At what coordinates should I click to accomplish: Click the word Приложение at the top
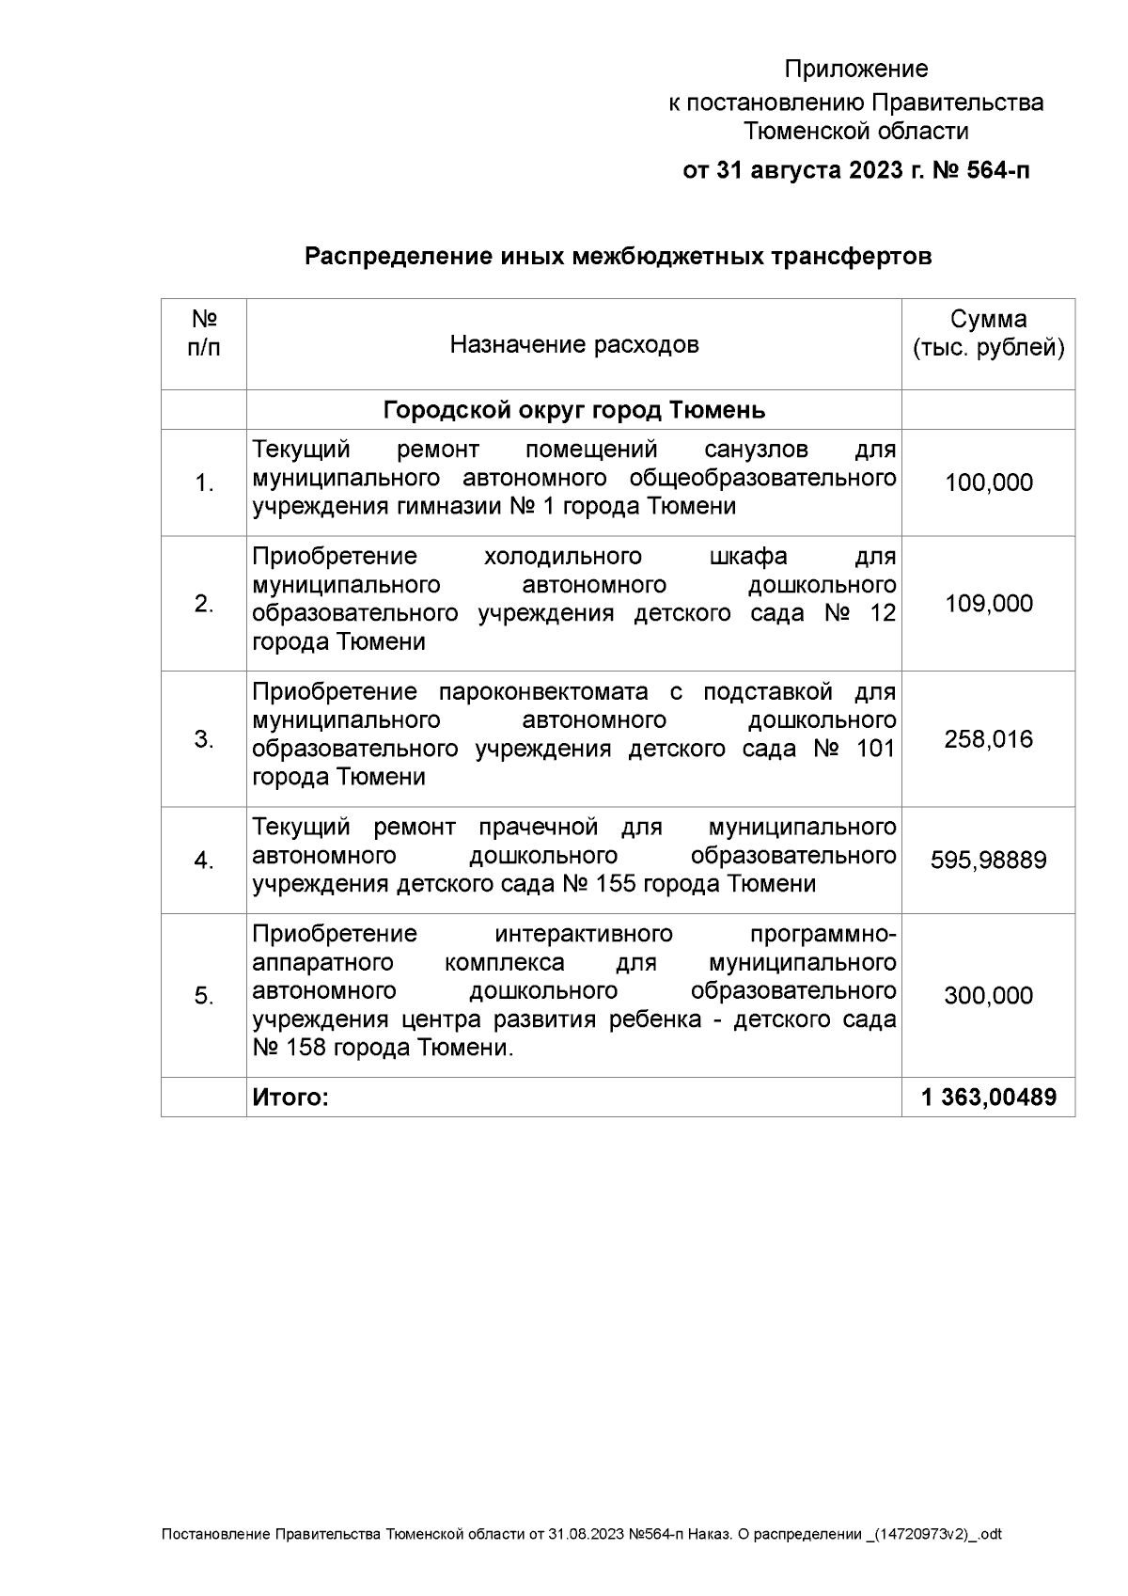point(855,70)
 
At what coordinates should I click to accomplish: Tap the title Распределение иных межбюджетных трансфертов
point(618,257)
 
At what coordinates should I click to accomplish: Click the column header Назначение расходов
point(573,345)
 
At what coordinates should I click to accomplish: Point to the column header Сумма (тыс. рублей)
point(988,334)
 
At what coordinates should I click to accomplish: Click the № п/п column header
point(204,334)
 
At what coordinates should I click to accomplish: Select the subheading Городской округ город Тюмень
point(573,411)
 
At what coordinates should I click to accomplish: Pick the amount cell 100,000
point(988,483)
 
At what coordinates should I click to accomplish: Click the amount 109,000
point(988,604)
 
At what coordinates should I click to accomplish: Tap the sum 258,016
point(988,739)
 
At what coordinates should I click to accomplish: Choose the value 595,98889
point(988,861)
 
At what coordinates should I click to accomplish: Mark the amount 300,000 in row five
point(988,996)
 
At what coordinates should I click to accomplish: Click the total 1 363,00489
point(988,1098)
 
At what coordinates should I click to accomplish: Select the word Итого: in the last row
point(290,1098)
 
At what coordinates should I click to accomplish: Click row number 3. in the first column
point(204,739)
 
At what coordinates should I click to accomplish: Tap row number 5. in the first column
point(204,996)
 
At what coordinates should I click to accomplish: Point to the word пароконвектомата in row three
point(543,693)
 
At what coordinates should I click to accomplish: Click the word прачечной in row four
point(538,828)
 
